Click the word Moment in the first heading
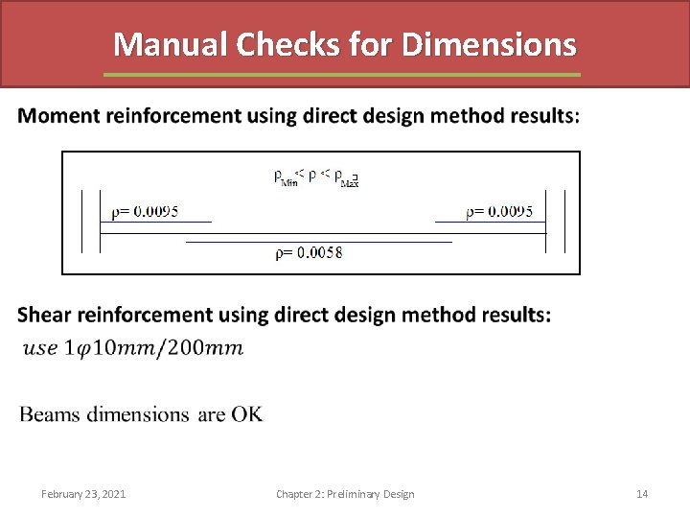click(x=58, y=116)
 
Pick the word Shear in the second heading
click(x=44, y=315)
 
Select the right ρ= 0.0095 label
click(x=499, y=212)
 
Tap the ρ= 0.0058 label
click(x=309, y=253)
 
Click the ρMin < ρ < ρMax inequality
click(x=316, y=176)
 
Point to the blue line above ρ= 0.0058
click(x=318, y=242)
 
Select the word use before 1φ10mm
click(x=39, y=347)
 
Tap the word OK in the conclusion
click(x=244, y=414)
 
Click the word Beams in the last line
click(x=50, y=414)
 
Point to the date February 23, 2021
click(x=83, y=494)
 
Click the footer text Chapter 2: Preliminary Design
click(x=345, y=494)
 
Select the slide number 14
click(x=642, y=494)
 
